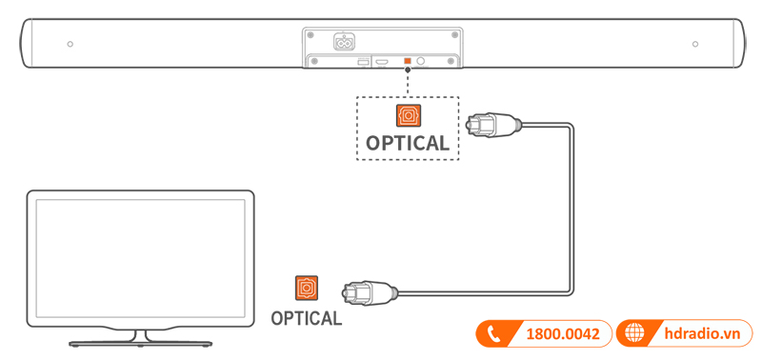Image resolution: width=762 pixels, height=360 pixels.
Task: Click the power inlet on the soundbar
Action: pyautogui.click(x=344, y=42)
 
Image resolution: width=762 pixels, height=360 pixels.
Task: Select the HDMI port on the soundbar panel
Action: pyautogui.click(x=382, y=63)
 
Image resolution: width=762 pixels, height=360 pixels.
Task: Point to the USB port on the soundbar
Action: pyautogui.click(x=363, y=63)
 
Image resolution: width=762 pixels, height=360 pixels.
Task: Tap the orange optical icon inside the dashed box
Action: pyautogui.click(x=408, y=116)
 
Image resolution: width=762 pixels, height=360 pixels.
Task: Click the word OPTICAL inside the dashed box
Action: pyautogui.click(x=407, y=144)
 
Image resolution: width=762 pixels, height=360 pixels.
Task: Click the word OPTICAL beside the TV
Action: pyautogui.click(x=306, y=318)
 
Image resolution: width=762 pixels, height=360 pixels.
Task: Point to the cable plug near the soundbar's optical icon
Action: pyautogui.click(x=491, y=124)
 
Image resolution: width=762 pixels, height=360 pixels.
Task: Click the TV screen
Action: pyautogui.click(x=140, y=256)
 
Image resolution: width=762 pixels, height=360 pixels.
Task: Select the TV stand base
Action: pyautogui.click(x=140, y=340)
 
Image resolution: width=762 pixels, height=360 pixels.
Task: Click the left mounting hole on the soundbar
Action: pyautogui.click(x=70, y=45)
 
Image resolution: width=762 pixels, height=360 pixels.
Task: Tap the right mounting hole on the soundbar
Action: pyautogui.click(x=695, y=45)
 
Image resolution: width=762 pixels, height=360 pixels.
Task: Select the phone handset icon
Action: pyautogui.click(x=493, y=334)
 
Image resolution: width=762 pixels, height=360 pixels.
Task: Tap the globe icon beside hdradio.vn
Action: pyautogui.click(x=632, y=334)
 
